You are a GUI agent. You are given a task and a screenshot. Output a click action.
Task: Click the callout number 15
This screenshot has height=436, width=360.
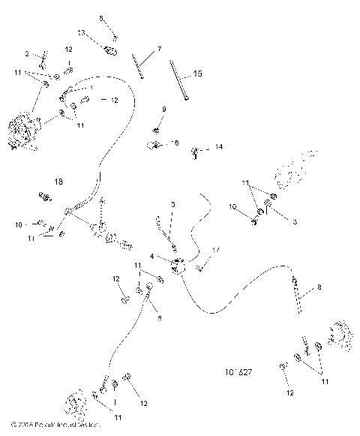pos(197,74)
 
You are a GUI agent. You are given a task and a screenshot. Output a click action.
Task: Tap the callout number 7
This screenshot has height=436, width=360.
pos(159,49)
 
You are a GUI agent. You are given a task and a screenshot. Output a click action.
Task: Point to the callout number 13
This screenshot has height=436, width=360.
pos(82,33)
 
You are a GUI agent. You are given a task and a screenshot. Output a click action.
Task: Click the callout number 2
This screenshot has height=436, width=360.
pos(27,54)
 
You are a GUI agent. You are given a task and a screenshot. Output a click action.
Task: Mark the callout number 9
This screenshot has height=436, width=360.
pos(163,110)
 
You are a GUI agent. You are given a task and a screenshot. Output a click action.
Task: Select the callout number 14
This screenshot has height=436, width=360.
pos(219,146)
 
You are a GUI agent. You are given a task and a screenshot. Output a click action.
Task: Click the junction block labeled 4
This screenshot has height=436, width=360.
pos(178,266)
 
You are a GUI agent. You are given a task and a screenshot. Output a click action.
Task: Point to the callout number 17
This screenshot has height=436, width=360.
pos(217,250)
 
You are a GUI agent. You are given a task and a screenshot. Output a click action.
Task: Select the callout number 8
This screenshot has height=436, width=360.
pos(319,287)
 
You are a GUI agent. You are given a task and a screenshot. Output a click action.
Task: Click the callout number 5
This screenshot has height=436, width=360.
pos(160,318)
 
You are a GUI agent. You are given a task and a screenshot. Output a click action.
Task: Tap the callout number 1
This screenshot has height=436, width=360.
pos(91,88)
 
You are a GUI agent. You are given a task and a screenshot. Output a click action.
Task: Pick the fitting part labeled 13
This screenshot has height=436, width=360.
pos(109,50)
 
